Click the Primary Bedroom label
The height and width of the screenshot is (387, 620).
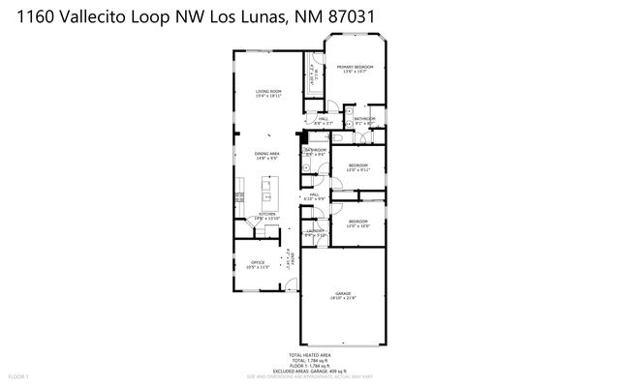356,67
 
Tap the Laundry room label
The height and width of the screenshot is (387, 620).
315,231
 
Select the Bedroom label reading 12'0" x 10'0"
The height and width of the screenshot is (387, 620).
357,223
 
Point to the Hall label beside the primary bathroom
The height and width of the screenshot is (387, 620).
323,120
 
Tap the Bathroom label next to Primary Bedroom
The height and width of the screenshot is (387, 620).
364,120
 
